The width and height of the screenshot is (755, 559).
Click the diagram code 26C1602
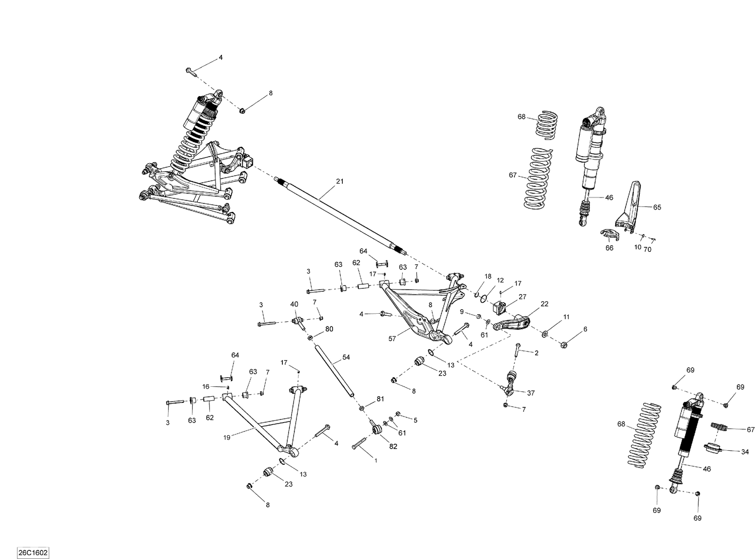click(x=32, y=552)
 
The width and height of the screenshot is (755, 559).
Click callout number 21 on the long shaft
click(x=340, y=181)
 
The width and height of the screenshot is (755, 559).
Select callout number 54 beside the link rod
click(x=346, y=357)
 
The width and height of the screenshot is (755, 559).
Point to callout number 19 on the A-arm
click(x=226, y=438)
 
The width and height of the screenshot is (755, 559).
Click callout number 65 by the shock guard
click(x=657, y=207)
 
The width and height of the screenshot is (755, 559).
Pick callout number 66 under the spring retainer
click(x=609, y=248)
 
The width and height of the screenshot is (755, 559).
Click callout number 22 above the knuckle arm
click(x=545, y=304)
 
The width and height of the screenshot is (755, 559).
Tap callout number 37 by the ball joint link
click(x=531, y=393)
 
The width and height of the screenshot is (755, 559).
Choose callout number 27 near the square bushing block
click(x=522, y=297)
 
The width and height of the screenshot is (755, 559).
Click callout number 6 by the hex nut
click(x=585, y=329)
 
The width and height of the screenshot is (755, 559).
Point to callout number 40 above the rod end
click(x=294, y=304)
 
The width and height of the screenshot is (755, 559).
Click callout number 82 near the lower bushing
click(x=393, y=446)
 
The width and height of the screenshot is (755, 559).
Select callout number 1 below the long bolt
click(x=375, y=460)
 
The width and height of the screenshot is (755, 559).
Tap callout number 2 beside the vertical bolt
click(x=536, y=353)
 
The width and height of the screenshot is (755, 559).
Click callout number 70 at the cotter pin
click(x=647, y=249)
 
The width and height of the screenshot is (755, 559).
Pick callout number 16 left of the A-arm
click(x=206, y=387)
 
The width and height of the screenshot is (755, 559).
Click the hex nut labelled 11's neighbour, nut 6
click(x=564, y=344)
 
